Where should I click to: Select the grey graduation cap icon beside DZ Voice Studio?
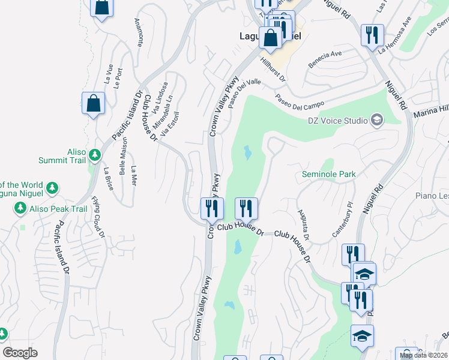(376, 120)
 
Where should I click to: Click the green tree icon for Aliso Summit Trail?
(95, 155)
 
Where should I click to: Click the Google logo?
(20, 353)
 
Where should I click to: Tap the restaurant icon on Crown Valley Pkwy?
(211, 209)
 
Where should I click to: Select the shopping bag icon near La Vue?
(94, 103)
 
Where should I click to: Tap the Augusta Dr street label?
(303, 225)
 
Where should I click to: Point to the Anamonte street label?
(139, 32)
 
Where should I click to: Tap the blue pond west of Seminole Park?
(247, 154)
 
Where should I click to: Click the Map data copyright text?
(423, 355)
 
